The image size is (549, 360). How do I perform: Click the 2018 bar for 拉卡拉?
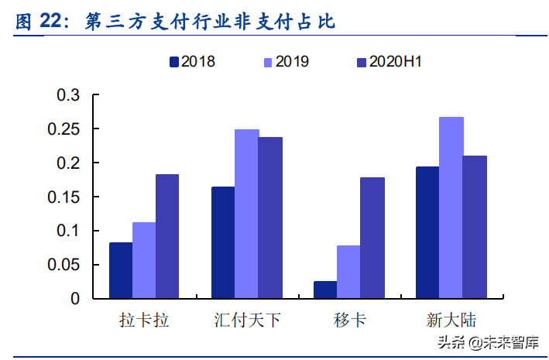(121, 270)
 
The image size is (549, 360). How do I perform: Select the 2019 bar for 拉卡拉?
(144, 260)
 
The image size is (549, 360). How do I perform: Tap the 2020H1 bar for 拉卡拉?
(167, 236)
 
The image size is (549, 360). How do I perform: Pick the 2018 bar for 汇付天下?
(223, 242)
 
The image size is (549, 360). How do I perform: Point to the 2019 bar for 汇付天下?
(246, 214)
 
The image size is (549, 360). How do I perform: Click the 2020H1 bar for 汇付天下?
(270, 218)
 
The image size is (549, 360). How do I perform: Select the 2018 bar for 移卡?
(325, 290)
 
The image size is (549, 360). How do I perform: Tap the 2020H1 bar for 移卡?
(372, 238)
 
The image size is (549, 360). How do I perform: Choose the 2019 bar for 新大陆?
(451, 207)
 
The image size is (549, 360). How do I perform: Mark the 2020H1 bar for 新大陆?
(475, 227)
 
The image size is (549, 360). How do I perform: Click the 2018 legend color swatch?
(174, 61)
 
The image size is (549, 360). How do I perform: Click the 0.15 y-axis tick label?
(63, 197)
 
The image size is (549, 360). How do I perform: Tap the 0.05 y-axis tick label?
(63, 265)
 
